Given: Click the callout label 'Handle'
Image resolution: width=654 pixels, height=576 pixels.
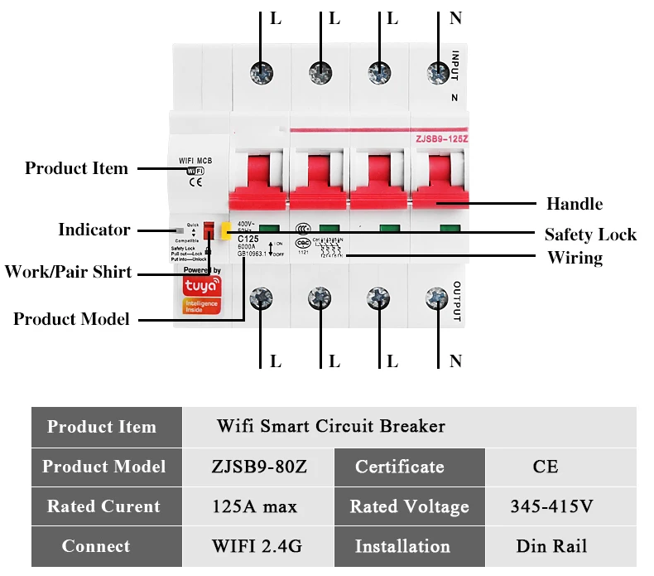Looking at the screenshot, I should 574,203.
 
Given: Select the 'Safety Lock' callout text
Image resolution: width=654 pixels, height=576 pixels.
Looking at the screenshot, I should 590,235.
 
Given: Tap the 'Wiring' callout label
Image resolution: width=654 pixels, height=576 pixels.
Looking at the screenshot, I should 575,258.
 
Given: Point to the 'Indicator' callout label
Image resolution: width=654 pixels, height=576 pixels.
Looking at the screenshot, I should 94,230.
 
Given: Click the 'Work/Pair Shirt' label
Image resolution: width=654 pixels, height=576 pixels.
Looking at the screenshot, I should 68,272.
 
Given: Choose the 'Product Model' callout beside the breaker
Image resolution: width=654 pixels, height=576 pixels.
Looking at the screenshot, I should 71,319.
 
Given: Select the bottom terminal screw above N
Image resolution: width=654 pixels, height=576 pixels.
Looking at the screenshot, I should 437,298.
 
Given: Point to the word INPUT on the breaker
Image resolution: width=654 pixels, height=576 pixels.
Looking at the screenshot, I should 455,66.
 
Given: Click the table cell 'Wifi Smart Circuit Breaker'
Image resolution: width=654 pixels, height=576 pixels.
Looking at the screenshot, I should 331,427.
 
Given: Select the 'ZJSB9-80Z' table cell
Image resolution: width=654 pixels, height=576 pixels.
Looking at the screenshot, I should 259,467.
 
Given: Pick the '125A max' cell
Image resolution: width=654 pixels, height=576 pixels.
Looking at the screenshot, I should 259,506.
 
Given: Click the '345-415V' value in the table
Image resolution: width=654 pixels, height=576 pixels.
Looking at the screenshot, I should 552,506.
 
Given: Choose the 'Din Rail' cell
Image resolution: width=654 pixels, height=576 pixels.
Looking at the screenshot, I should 552,546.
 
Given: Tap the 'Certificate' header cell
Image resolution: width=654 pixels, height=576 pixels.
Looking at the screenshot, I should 400,467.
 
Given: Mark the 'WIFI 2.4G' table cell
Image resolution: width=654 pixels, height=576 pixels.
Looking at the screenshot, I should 259,546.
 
